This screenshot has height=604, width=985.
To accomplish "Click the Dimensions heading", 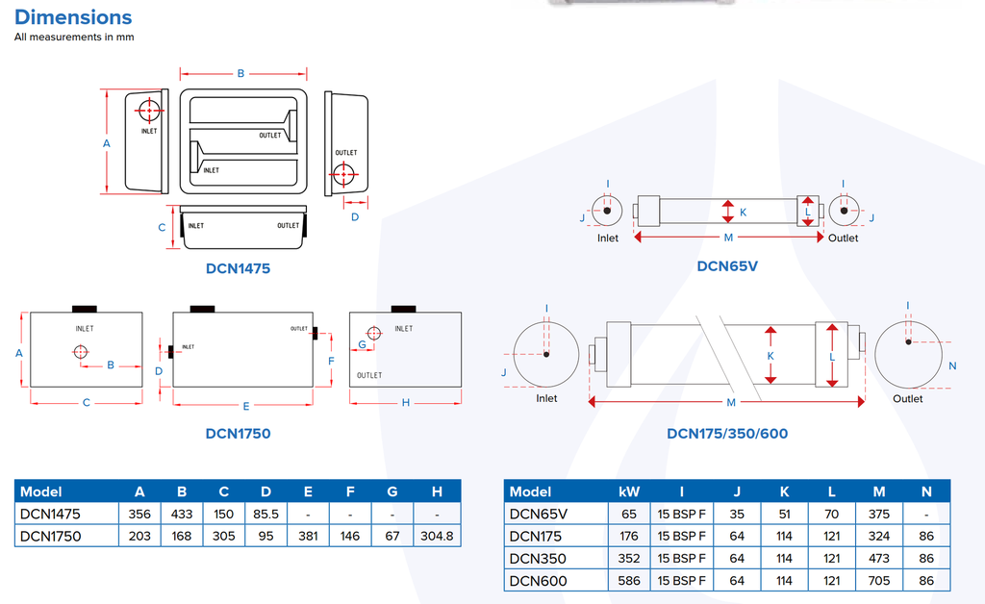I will (x=73, y=17).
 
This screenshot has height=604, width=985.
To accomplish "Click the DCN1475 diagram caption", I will (x=238, y=268).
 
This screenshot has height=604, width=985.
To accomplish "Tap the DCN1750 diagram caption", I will (x=238, y=433).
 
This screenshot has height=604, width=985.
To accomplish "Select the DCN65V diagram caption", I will (x=727, y=265).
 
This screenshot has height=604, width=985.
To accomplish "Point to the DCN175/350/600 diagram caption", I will (x=727, y=433).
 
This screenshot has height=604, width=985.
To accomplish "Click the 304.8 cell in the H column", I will (x=437, y=536).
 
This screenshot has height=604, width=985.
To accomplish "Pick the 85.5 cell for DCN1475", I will (x=266, y=514).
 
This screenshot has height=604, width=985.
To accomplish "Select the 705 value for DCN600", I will (x=879, y=580).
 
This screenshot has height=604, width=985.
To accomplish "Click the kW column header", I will (x=629, y=491).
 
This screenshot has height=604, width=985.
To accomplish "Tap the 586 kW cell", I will (x=629, y=580).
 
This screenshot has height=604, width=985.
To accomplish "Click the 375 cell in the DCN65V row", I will (x=879, y=514).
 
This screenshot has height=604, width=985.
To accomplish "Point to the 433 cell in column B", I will (x=182, y=514).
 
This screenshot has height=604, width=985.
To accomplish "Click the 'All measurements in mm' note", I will (x=74, y=38).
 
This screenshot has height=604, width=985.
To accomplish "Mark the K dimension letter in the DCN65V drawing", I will (x=744, y=212).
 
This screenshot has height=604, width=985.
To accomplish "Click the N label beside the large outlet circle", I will (x=952, y=366).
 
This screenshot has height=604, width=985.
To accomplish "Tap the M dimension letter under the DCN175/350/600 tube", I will (x=731, y=402).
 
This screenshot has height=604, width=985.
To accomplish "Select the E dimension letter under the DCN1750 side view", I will (x=246, y=404).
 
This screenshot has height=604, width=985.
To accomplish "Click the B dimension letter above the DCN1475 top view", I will (x=241, y=73).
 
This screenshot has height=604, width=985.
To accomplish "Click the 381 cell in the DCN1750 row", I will (x=308, y=536).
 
